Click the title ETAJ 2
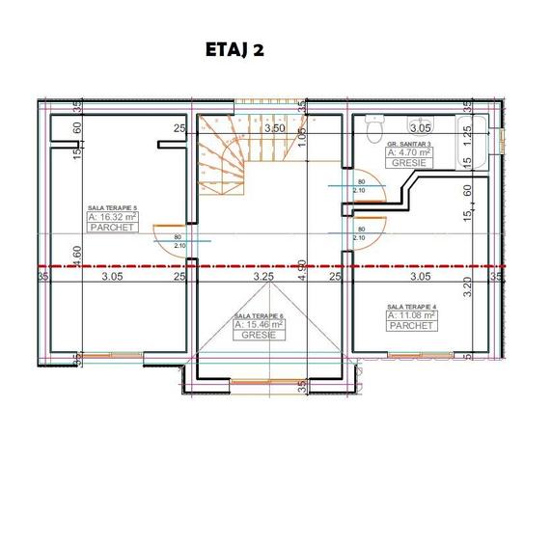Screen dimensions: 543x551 234,50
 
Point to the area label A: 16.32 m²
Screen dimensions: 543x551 112,218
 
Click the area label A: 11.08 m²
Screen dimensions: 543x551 411,315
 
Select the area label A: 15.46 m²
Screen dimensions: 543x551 259,326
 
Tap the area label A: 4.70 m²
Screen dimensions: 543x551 410,152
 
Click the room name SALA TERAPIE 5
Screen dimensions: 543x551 112,207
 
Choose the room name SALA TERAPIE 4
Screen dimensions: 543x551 411,305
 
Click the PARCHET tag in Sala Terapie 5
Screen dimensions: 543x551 112,228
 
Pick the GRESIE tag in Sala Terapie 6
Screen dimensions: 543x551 259,337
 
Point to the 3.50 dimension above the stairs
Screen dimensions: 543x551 274,127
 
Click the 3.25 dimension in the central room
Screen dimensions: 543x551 262,276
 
